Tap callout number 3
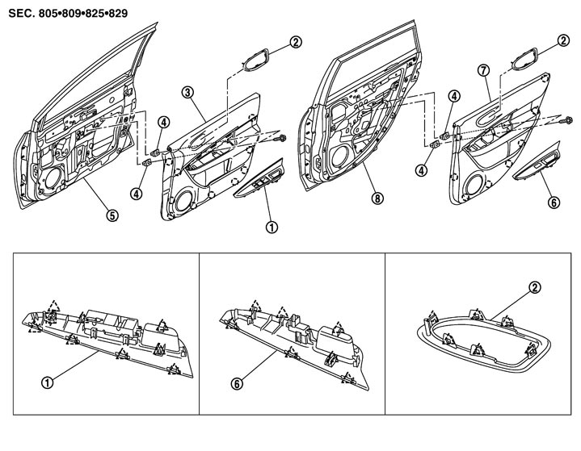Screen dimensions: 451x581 click(x=187, y=94)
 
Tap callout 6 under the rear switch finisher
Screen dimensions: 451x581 click(x=554, y=204)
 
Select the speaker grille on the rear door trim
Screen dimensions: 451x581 click(x=471, y=180)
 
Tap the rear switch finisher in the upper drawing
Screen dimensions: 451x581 click(x=537, y=165)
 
